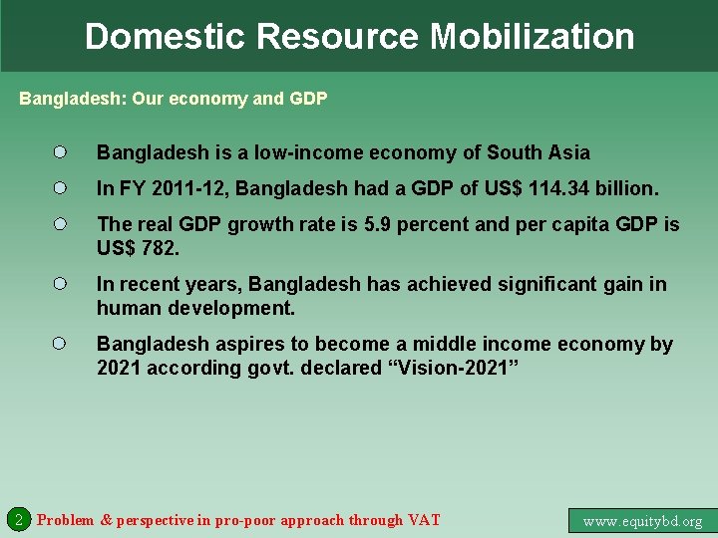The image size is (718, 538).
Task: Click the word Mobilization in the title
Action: (x=532, y=37)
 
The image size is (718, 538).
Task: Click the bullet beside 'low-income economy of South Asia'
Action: (x=60, y=152)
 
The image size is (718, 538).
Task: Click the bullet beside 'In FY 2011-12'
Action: (x=60, y=187)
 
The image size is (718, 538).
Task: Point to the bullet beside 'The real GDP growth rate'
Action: (x=60, y=224)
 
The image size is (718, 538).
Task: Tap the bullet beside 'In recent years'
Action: (x=60, y=284)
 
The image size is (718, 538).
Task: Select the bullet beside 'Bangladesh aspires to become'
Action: (x=60, y=344)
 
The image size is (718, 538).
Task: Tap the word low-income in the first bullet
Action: (x=308, y=152)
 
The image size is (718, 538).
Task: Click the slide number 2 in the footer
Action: (x=18, y=519)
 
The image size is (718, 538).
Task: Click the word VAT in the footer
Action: (x=423, y=519)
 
